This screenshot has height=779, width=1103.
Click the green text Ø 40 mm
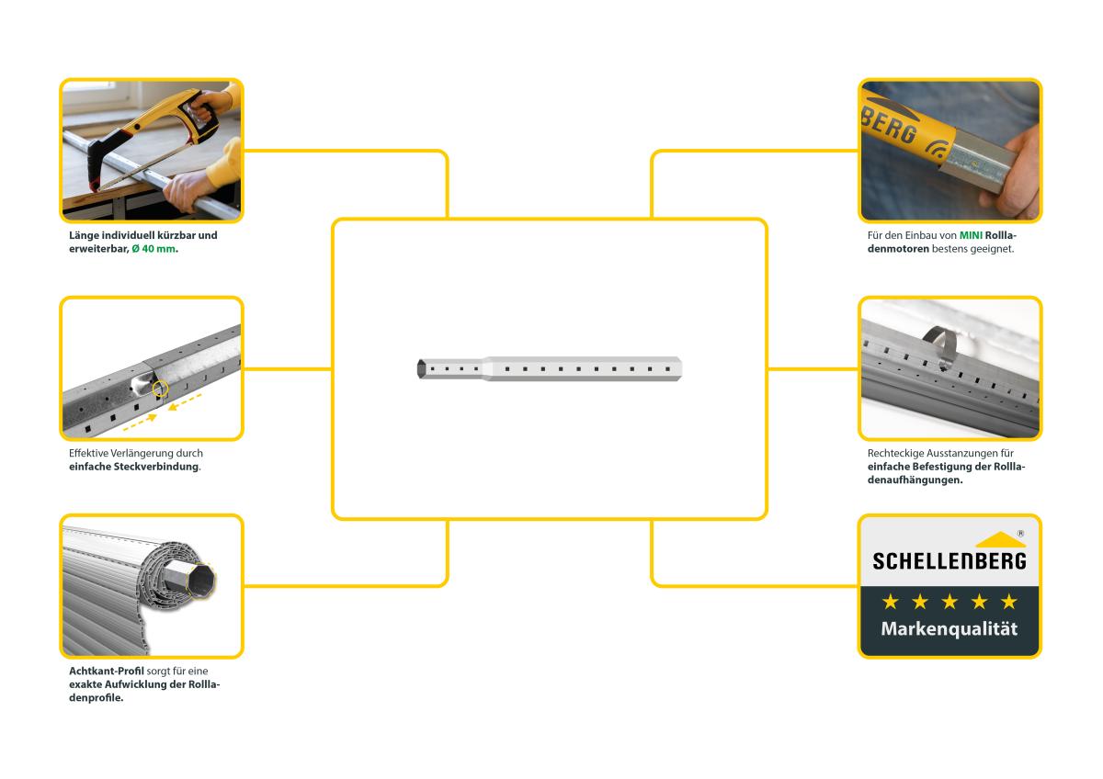[154, 249]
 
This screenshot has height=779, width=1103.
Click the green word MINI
[971, 236]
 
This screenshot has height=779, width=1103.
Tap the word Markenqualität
[949, 629]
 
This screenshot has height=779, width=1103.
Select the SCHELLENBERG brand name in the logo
[949, 561]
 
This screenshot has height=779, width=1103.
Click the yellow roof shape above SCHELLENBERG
[1000, 539]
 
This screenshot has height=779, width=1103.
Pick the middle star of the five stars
[949, 602]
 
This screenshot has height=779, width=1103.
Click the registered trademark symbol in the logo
[1021, 534]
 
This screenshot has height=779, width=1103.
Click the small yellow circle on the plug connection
[160, 389]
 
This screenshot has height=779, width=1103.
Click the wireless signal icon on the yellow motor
[937, 148]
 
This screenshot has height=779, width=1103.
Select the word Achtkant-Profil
[107, 671]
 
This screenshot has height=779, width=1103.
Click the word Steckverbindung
[156, 467]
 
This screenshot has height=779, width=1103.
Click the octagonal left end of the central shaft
[422, 368]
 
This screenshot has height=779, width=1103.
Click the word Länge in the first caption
[84, 235]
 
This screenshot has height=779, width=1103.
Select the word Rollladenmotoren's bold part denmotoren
[898, 249]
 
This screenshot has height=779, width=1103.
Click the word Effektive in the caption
[88, 453]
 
